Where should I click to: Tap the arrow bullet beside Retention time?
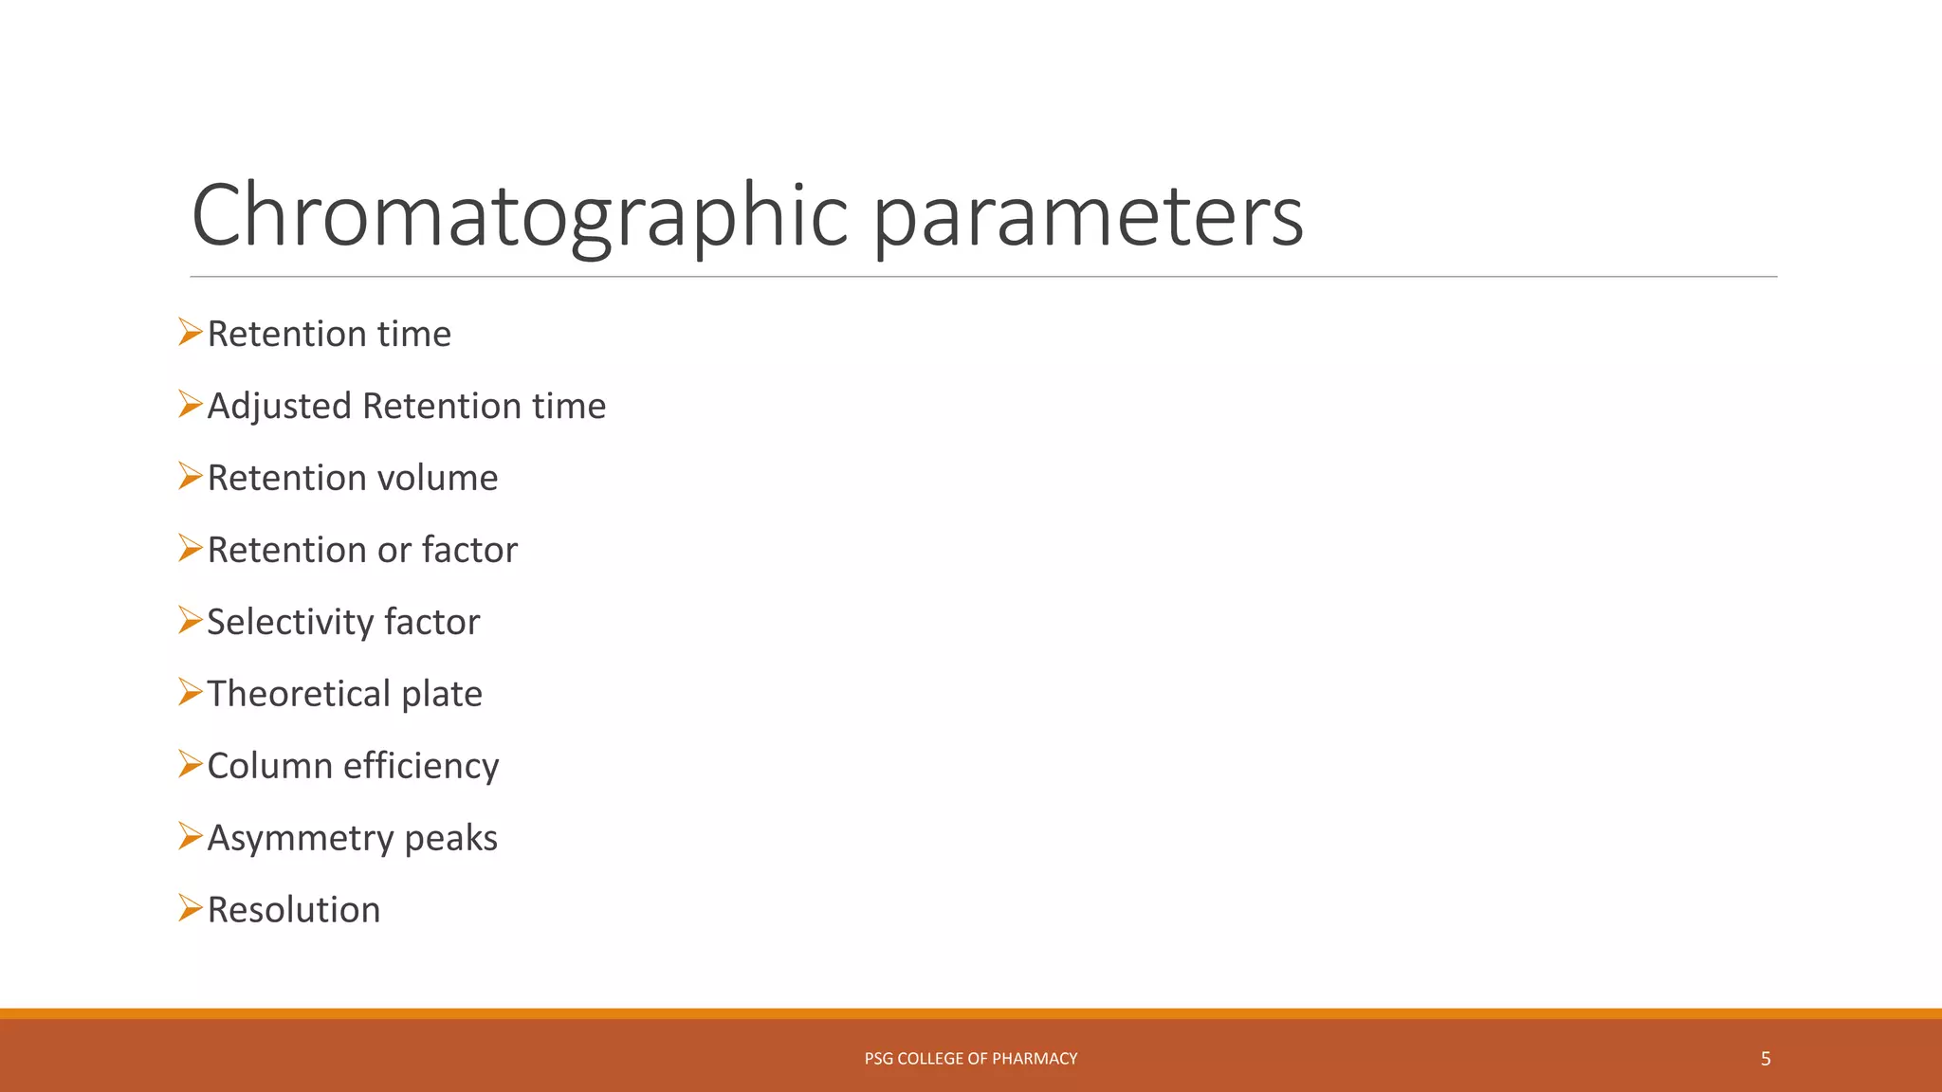click(x=190, y=333)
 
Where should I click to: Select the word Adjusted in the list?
click(x=279, y=407)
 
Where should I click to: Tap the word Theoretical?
click(x=298, y=694)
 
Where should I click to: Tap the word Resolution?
click(x=294, y=910)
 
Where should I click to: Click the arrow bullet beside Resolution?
click(x=190, y=908)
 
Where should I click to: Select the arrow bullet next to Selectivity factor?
click(x=190, y=621)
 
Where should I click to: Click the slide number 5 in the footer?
click(x=1766, y=1059)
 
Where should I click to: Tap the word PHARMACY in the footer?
click(x=1035, y=1059)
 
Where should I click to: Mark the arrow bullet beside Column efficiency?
click(x=190, y=764)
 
